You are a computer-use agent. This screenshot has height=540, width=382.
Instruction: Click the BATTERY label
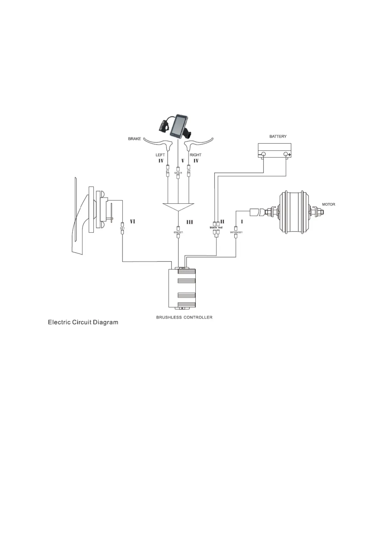(x=278, y=136)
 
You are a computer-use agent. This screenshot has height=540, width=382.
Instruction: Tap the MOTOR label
(x=328, y=204)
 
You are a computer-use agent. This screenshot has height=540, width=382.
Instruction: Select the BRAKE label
(x=134, y=139)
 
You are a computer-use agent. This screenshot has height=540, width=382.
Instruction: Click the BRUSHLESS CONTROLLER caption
(x=184, y=317)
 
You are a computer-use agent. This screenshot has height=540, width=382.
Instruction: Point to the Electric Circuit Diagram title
(x=83, y=322)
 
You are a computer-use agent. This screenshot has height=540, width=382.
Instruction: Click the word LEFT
(x=160, y=155)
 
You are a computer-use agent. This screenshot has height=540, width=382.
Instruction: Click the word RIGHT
(x=195, y=155)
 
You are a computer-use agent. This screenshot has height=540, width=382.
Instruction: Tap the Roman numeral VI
(x=132, y=222)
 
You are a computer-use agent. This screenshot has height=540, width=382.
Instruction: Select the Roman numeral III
(x=190, y=222)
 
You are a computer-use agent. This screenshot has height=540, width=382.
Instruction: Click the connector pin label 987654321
(x=236, y=232)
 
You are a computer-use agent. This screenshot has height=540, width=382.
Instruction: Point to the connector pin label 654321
(x=178, y=232)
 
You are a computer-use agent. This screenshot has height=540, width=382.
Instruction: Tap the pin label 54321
(x=178, y=173)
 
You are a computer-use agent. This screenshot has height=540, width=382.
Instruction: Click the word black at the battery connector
(x=213, y=227)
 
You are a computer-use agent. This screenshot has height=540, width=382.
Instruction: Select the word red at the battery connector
(x=220, y=227)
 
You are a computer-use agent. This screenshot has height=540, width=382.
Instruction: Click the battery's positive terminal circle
(x=286, y=155)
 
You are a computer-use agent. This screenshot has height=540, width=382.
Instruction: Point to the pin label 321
(x=122, y=228)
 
